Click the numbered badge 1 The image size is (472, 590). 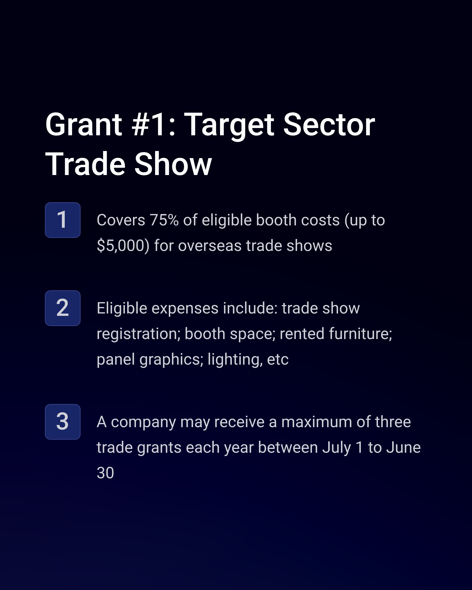click(x=63, y=220)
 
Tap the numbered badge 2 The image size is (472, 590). click(x=63, y=308)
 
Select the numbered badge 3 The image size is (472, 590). click(x=63, y=422)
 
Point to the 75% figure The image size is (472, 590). click(x=164, y=220)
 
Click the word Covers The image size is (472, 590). click(x=121, y=220)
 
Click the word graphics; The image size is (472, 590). click(x=171, y=360)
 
